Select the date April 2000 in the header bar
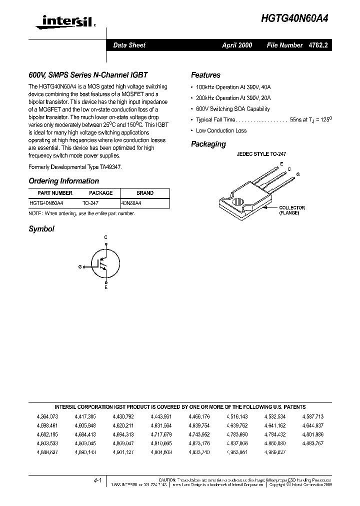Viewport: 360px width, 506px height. (237, 45)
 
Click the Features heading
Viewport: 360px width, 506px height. (205, 75)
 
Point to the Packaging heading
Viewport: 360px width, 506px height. (208, 144)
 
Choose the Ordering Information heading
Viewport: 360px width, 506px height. (63, 181)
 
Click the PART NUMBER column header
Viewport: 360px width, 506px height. (55, 193)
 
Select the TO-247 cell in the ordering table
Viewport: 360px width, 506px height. (90, 203)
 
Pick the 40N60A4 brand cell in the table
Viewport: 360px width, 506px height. (131, 203)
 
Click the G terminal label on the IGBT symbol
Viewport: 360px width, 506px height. (80, 267)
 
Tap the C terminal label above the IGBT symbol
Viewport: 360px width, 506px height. (105, 236)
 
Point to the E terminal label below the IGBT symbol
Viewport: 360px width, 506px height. (105, 287)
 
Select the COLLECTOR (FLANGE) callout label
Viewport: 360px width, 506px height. (292, 210)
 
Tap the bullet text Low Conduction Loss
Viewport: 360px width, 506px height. (221, 130)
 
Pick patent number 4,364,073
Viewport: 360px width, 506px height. (47, 416)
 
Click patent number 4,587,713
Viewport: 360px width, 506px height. (313, 416)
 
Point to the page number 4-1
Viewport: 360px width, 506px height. (97, 480)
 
